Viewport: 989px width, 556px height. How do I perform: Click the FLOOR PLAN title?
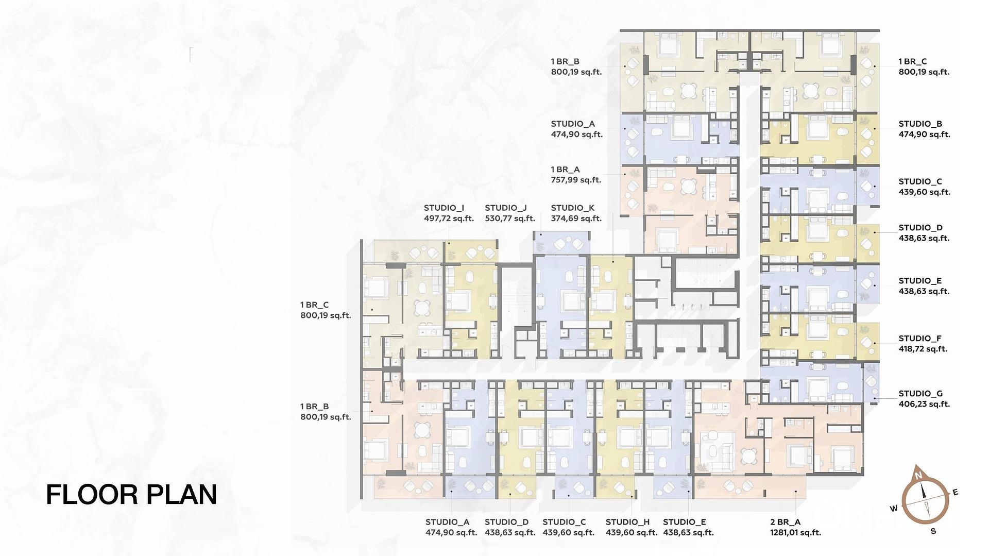[131, 494]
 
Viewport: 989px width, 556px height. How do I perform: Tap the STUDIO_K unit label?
[573, 208]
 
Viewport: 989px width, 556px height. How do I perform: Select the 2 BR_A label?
[786, 522]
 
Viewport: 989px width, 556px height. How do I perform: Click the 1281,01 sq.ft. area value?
[796, 533]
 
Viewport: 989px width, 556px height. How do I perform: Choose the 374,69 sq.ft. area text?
[576, 218]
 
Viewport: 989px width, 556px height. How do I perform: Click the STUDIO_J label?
[506, 208]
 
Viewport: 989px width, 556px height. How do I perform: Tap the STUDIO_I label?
[444, 208]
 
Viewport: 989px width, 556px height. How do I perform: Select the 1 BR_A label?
[566, 169]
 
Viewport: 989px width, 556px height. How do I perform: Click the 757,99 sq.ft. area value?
[576, 180]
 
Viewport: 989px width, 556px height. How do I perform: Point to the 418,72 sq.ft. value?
[923, 349]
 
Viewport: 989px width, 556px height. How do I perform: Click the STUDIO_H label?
[628, 522]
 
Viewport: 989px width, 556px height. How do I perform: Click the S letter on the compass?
[933, 531]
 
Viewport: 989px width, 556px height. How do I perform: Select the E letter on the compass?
[956, 493]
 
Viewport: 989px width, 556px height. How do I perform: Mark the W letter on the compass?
[894, 509]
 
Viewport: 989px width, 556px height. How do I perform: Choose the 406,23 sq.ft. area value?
[925, 405]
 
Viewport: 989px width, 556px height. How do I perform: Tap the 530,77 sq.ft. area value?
[510, 218]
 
